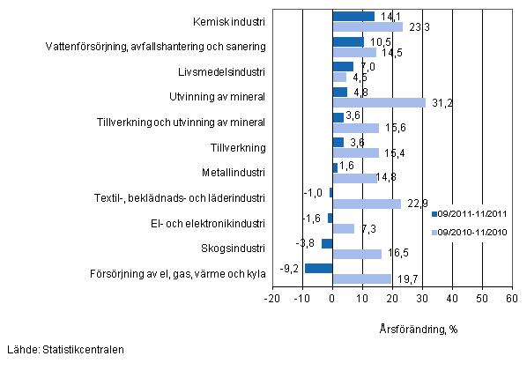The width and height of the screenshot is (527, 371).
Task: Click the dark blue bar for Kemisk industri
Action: pos(353,16)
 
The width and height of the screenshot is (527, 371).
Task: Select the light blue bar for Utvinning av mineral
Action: pos(379,102)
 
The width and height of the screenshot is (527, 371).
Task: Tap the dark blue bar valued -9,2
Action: pos(319,269)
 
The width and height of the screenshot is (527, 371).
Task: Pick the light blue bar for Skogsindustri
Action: pos(357,254)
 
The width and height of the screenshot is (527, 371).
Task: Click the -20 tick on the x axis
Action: pos(272,298)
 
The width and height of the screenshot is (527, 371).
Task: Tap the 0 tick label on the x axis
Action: pos(332,298)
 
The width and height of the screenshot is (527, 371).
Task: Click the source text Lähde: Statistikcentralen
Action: pos(63,350)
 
